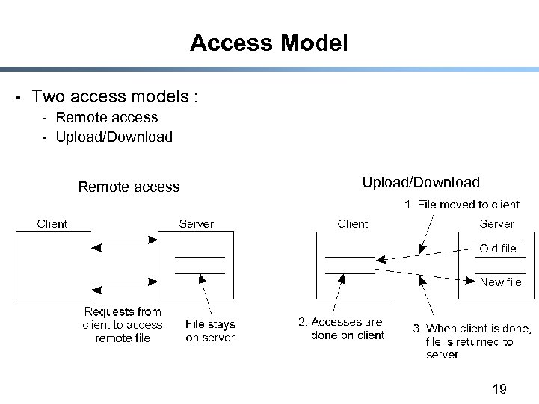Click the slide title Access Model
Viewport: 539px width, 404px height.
coord(269,43)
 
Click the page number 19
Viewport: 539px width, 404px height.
coord(499,388)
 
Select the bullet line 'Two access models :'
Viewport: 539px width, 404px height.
coord(114,96)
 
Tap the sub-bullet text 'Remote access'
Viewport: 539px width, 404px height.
coord(107,117)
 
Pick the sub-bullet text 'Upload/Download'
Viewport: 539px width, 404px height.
coord(114,137)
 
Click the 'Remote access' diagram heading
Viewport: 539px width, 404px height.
coord(129,187)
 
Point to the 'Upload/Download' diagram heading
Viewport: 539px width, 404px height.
coord(421,182)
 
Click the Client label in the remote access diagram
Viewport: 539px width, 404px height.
coord(52,223)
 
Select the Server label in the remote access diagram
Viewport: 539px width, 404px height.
coord(196,223)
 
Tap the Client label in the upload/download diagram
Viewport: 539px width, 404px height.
coord(353,223)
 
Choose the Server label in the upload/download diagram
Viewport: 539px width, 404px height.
coord(497,223)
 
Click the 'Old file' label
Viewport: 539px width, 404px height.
coord(498,249)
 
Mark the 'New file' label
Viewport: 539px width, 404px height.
coord(500,282)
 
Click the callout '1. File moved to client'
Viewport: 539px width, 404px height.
coord(462,204)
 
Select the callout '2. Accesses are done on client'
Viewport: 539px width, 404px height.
coord(342,329)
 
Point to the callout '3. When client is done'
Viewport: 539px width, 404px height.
coord(472,341)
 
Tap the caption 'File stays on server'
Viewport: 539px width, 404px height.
coord(210,331)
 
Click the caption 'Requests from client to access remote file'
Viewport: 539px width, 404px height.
coord(123,325)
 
